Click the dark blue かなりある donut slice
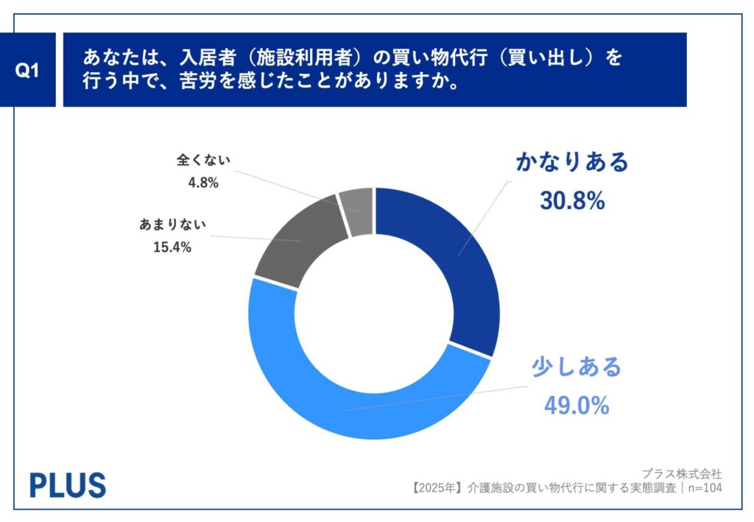[x=449, y=250]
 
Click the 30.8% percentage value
[x=572, y=200]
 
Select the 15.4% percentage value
[x=173, y=247]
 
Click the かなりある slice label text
[x=572, y=163]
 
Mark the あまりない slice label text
[x=173, y=225]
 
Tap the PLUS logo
[x=68, y=484]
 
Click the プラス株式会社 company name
[x=681, y=473]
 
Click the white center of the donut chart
[x=374, y=313]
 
